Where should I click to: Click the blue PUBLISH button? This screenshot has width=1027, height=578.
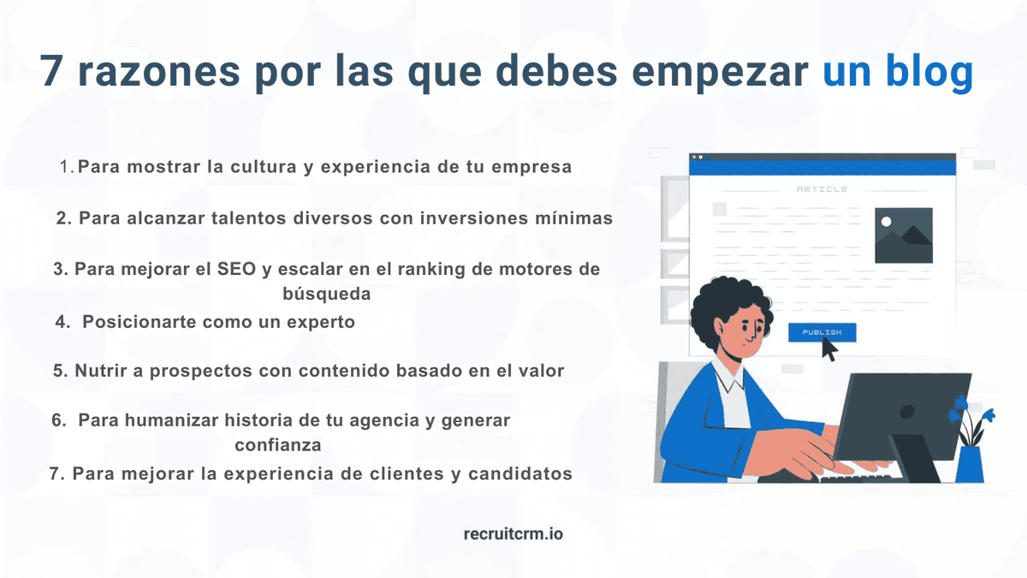point(822,332)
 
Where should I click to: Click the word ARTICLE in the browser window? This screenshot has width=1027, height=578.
point(822,189)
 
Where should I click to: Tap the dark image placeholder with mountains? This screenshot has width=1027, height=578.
point(903,235)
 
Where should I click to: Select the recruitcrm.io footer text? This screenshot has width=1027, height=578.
point(513,533)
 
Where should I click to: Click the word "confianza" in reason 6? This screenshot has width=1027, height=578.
point(278,445)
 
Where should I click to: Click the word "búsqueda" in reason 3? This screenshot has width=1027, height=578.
point(326,294)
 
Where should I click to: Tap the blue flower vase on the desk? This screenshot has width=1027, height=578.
point(969,462)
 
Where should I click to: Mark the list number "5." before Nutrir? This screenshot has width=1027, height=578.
point(60,372)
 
